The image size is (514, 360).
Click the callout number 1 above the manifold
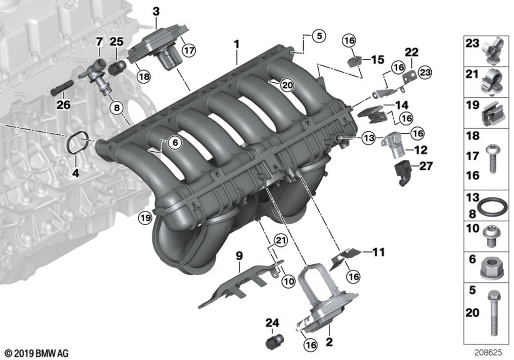tap(236, 45)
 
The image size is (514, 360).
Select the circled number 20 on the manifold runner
tap(286, 85)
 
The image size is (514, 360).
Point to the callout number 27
tap(426, 166)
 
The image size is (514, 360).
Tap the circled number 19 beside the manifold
tap(145, 218)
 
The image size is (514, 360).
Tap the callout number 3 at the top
tap(156, 11)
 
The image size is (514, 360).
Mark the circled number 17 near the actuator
tap(189, 50)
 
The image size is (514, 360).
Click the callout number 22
tap(412, 52)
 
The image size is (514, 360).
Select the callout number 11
tap(378, 252)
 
